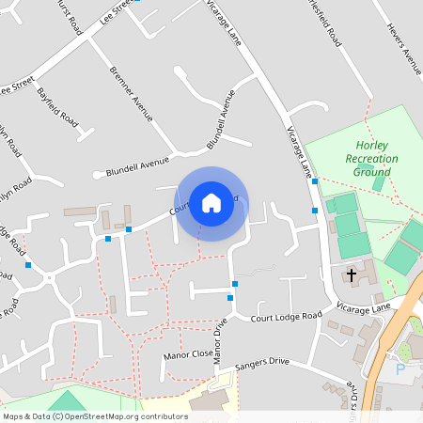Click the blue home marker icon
point(211,203)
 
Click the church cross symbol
point(352,275)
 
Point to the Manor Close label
point(189,354)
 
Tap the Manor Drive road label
point(221,341)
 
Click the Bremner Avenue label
point(131,94)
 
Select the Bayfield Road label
point(57,104)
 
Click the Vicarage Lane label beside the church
point(367,308)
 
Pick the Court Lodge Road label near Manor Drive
point(286,317)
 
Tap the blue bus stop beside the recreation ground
point(315,181)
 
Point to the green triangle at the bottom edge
point(66,401)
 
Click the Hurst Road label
point(70,16)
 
